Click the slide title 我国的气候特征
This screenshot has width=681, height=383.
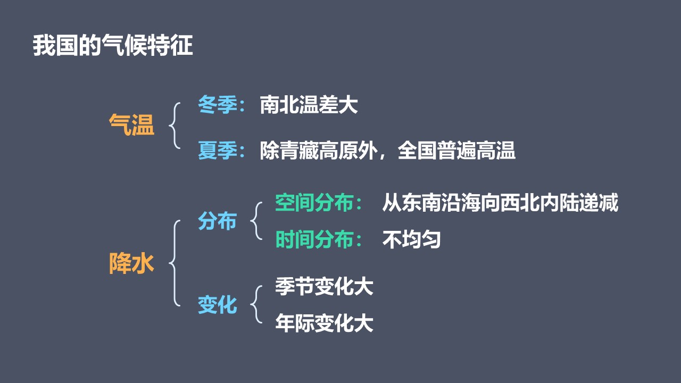pos(113,46)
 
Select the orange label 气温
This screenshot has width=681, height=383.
pos(131,124)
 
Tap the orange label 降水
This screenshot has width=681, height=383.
pos(131,263)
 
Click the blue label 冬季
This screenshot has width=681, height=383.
pos(218,105)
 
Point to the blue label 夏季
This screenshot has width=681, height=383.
pos(218,150)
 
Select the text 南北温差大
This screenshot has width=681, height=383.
pos(309,105)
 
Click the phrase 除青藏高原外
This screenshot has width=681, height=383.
pos(319,150)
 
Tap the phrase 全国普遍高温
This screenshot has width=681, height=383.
pos(456,150)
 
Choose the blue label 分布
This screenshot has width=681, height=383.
pos(218,221)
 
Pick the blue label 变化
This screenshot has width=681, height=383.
pos(218,305)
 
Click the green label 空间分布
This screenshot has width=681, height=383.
pos(314,203)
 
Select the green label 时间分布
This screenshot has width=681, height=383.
pos(314,239)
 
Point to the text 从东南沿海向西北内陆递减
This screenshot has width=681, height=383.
pos(500,203)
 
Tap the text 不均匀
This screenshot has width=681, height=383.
pos(411,239)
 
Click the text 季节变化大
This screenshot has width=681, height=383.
pos(324,286)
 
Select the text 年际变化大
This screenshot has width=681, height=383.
pos(324,323)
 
